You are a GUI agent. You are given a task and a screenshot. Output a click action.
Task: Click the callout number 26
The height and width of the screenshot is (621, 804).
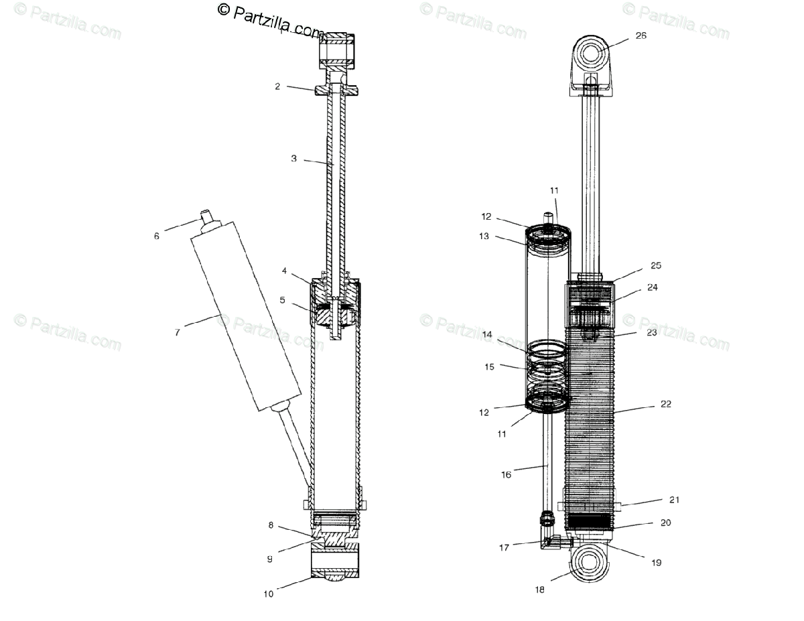click(x=641, y=36)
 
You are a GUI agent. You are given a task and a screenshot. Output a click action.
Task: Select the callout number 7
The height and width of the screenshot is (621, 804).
click(x=177, y=332)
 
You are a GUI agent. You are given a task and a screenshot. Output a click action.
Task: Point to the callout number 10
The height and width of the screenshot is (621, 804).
click(x=269, y=593)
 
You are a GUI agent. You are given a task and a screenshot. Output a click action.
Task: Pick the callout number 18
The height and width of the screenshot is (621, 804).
click(x=539, y=590)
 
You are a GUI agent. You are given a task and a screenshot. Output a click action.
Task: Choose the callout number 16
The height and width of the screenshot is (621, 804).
click(x=506, y=474)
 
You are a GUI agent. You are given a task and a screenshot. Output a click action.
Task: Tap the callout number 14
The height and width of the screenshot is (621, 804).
click(x=487, y=334)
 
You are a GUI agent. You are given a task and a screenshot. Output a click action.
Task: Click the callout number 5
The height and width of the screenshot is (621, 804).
click(x=282, y=300)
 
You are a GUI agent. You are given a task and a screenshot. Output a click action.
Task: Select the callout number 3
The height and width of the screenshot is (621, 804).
click(x=293, y=159)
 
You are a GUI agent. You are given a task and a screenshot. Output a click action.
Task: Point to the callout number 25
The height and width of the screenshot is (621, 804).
click(x=656, y=265)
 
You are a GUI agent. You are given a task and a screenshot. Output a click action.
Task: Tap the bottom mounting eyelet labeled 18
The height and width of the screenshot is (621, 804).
click(x=588, y=563)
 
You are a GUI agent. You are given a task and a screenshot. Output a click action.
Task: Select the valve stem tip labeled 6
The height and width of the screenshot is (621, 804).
click(x=208, y=216)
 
